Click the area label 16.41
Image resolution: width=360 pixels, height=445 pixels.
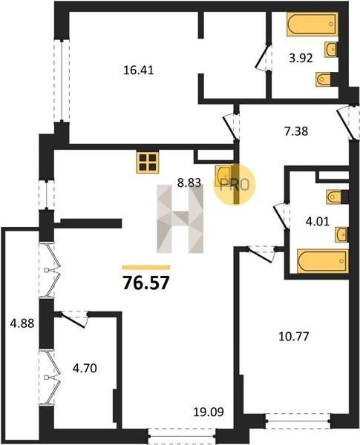coord(139,70)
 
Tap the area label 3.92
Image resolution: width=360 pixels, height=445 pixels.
coord(301,58)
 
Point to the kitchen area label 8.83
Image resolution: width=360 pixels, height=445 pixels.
coord(189,182)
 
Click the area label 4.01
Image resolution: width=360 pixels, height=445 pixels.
coord(318,221)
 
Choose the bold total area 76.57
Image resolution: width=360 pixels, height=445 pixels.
coord(146,283)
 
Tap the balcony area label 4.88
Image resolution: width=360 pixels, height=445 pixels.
coord(22,323)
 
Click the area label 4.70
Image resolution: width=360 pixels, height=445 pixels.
coord(85,369)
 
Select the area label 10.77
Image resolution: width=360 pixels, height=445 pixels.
coord(293,337)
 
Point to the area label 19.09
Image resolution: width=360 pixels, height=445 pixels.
coord(209,412)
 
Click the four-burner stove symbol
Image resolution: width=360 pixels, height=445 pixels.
coord(148,162)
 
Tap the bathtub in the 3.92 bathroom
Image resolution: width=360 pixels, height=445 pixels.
coord(312,24)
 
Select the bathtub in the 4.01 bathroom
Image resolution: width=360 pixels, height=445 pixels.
coord(322,261)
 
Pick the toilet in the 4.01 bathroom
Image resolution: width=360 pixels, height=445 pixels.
coord(334,197)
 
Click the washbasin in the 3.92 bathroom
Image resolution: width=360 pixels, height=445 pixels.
coord(331,50)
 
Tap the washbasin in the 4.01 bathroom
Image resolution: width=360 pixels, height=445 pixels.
coord(341,234)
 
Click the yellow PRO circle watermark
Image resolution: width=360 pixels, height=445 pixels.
coord(235,185)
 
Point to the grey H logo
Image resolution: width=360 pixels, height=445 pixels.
coord(180,219)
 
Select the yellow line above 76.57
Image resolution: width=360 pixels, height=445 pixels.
coord(146,267)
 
